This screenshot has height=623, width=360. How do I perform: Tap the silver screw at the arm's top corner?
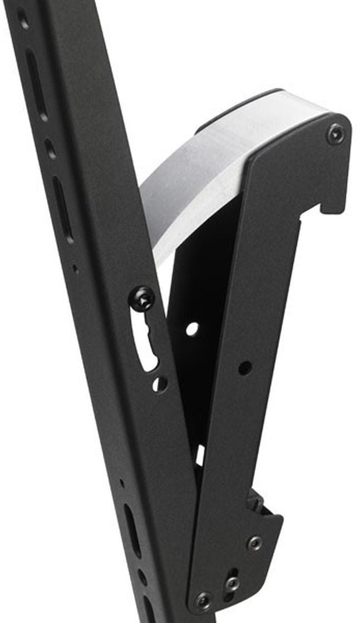pos(335,133)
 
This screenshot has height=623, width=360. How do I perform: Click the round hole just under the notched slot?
pos(160,383)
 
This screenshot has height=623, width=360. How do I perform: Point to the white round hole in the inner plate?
pos(192,329)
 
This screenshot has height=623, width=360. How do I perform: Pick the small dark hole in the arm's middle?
pos(244,367)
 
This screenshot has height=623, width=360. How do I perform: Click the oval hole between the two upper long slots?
pos(51,149)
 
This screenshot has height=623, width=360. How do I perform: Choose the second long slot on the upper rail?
pos(63,209)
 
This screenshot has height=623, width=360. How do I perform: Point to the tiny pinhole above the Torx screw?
pos(76,269)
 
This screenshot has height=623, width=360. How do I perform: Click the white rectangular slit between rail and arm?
pos(199,455)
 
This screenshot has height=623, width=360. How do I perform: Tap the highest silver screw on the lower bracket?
pos(254,542)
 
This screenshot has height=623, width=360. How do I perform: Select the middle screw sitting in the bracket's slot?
pos(232,583)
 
